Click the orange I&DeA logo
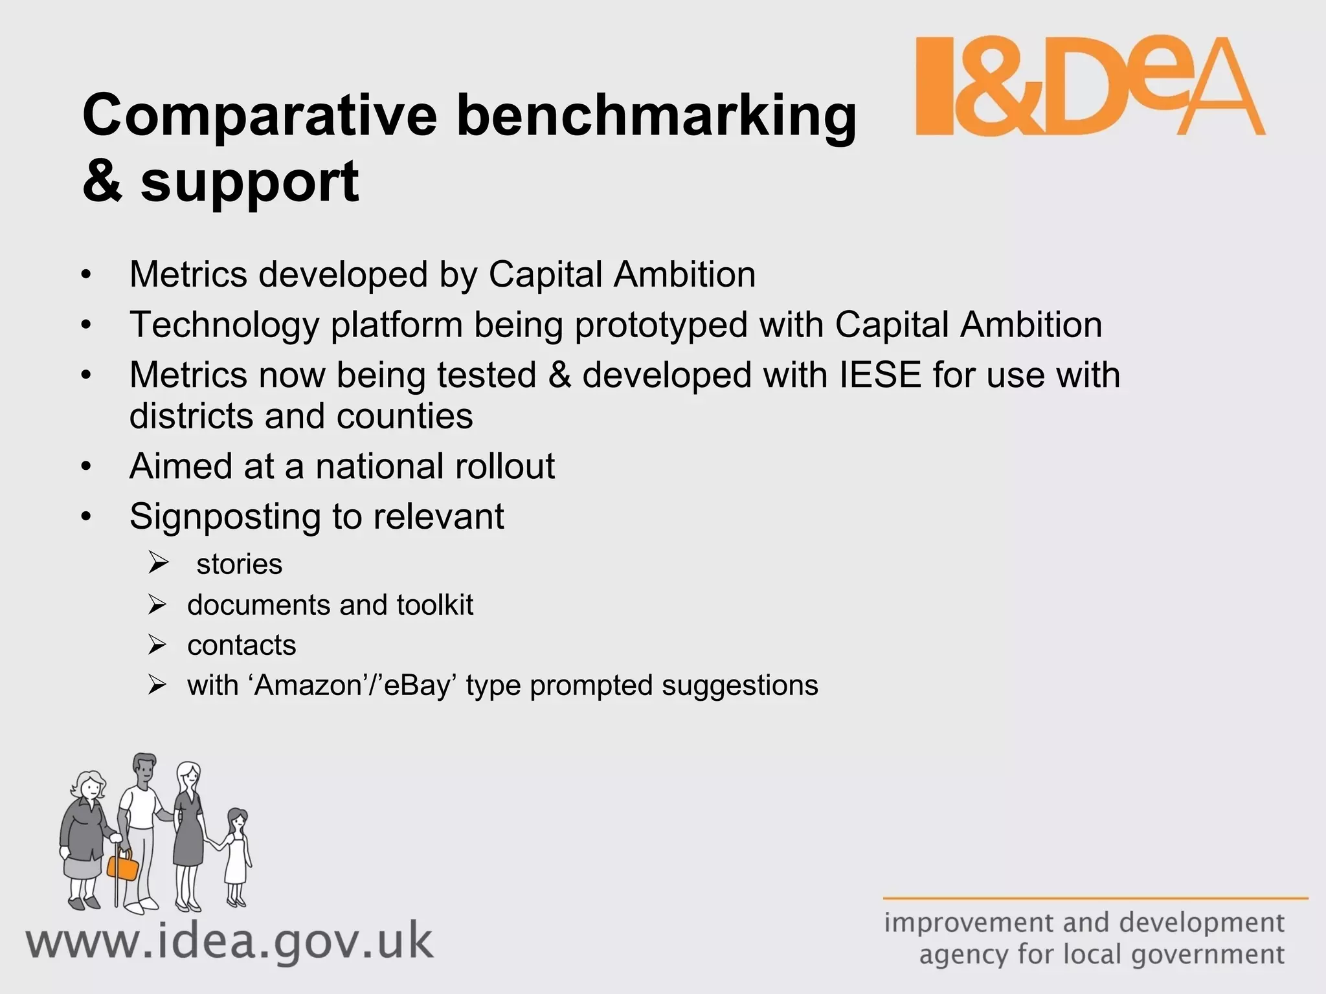[1090, 86]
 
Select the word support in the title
[249, 182]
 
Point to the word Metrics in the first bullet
[188, 274]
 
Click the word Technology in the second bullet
[224, 325]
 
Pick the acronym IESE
[880, 375]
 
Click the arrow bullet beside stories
[158, 563]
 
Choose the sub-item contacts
[242, 645]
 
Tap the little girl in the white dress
[236, 854]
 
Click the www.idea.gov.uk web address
[230, 942]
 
